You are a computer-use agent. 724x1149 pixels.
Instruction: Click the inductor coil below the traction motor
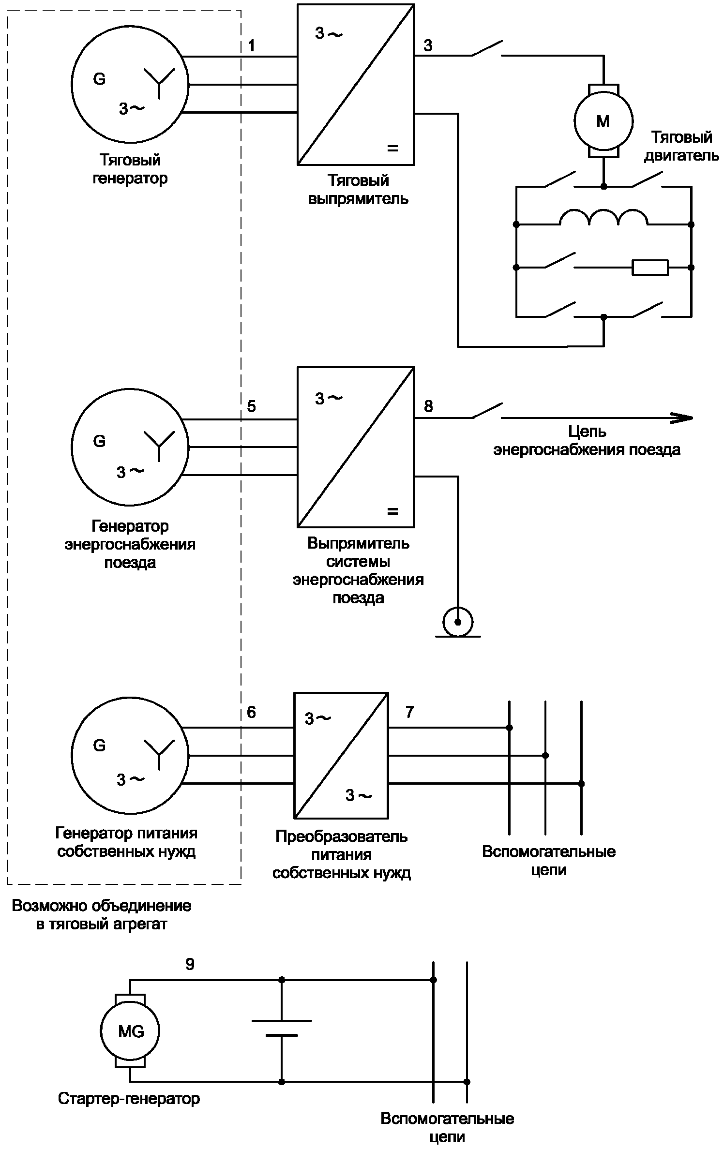[603, 218]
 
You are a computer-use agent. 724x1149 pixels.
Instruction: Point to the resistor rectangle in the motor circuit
[650, 267]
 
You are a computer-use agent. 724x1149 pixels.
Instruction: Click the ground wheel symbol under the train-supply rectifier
[458, 623]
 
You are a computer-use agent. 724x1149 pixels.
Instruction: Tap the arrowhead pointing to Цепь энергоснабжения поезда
[681, 418]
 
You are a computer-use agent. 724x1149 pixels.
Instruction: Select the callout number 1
[251, 46]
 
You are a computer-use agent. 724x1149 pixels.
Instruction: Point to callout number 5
[251, 406]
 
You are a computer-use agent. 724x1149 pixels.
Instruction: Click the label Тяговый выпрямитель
[358, 190]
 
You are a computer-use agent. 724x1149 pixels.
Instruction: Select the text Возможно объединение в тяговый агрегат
[102, 915]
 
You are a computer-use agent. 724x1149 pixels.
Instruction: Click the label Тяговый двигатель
[681, 146]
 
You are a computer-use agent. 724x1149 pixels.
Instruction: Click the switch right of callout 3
[487, 48]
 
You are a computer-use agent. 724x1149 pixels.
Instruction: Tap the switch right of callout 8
[487, 410]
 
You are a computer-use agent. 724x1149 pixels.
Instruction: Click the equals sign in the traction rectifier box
[392, 149]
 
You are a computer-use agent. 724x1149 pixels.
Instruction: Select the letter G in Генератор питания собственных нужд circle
[99, 746]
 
